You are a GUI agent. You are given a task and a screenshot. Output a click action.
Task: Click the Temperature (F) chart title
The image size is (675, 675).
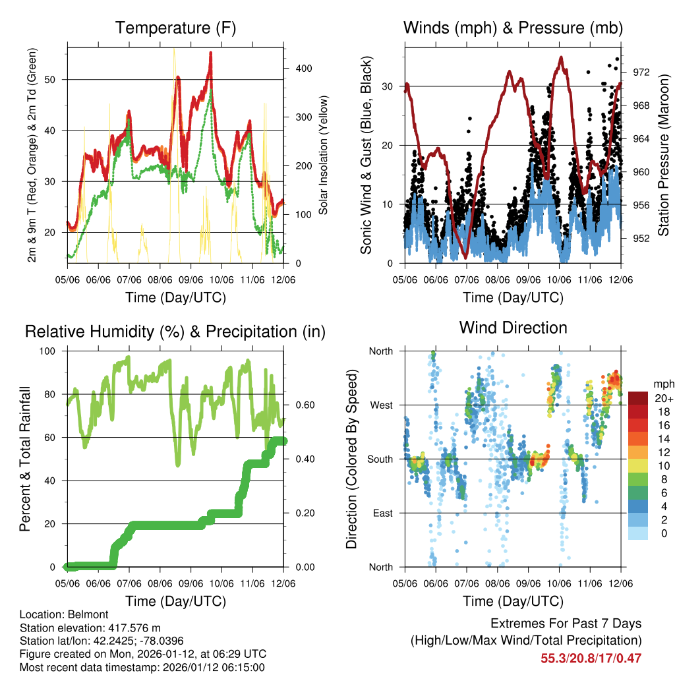click(175, 28)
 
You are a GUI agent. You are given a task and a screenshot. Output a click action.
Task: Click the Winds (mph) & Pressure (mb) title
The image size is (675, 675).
click(513, 28)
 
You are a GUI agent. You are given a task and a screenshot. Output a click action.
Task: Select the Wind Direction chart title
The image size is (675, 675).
click(513, 328)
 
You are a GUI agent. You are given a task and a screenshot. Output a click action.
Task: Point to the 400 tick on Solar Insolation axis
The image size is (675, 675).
click(296, 69)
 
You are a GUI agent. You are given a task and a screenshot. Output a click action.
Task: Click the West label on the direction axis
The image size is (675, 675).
click(381, 405)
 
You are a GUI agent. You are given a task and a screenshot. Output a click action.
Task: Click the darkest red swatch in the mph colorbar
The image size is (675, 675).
click(637, 398)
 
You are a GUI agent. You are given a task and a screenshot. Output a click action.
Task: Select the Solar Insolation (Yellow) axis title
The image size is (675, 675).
click(324, 156)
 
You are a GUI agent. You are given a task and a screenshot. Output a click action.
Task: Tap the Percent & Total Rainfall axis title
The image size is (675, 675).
click(24, 459)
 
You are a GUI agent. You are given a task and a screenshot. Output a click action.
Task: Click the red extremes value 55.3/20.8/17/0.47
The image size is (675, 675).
click(591, 658)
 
